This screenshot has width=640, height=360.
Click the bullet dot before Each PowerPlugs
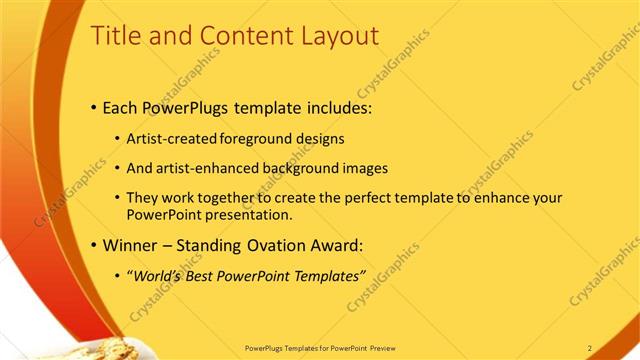[94, 106]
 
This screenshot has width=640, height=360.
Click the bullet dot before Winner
[94, 244]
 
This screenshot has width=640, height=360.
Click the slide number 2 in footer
[590, 347]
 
